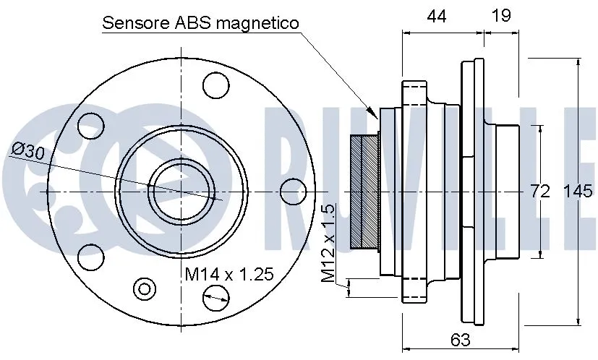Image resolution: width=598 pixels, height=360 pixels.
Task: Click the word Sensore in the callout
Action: pyautogui.click(x=135, y=23)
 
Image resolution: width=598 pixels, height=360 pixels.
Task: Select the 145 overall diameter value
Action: pyautogui.click(x=578, y=192)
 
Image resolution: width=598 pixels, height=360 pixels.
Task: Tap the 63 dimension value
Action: pyautogui.click(x=460, y=339)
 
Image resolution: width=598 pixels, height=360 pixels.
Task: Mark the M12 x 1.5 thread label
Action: pyautogui.click(x=329, y=243)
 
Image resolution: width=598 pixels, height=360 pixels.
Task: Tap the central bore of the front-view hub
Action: pyautogui.click(x=181, y=191)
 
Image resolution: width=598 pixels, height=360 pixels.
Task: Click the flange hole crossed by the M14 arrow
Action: pyautogui.click(x=215, y=295)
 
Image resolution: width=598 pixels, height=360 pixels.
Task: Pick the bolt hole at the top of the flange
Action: pyautogui.click(x=215, y=87)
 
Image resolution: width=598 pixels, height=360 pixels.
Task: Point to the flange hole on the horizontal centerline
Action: pyautogui.click(x=291, y=191)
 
